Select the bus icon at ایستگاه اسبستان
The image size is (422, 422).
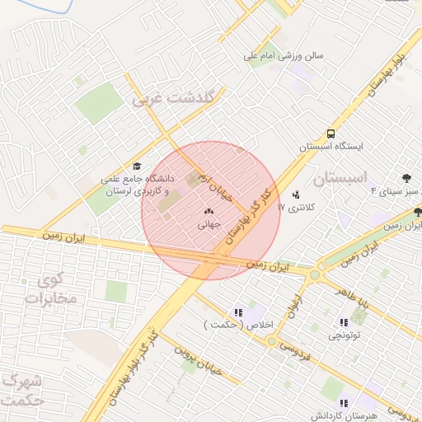click(x=331, y=133)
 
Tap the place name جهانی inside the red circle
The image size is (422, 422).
click(x=206, y=223)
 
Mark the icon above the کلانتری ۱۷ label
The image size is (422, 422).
click(x=297, y=195)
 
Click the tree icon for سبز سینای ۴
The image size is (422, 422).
click(x=406, y=178)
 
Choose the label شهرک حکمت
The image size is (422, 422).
click(x=22, y=391)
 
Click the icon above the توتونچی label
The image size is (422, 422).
click(x=344, y=322)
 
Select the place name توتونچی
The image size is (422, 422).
click(x=344, y=335)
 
